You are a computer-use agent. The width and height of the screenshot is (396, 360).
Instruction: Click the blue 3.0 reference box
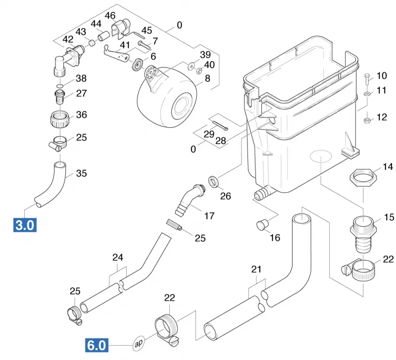coord(25,225)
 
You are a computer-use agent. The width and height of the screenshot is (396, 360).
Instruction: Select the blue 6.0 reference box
coord(97,345)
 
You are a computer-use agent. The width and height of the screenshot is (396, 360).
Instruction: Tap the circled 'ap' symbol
coord(139,343)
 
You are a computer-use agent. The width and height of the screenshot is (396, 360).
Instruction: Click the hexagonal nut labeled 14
coord(363,177)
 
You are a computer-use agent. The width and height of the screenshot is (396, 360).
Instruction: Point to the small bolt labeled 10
coord(367,80)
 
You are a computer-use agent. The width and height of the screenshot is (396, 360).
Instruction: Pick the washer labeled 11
coord(367,94)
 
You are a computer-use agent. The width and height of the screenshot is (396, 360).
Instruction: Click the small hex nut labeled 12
coord(367,120)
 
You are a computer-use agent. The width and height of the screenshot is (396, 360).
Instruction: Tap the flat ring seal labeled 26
coord(214,181)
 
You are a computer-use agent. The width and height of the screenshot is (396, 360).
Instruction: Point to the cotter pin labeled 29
coord(220,126)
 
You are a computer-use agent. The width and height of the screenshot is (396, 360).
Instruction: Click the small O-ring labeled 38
coord(60,86)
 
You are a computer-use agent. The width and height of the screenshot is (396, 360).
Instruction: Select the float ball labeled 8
coord(167,97)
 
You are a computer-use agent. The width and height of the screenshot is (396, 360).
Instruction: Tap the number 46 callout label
coord(110,16)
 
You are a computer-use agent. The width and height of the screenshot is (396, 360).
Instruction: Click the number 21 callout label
coord(256,269)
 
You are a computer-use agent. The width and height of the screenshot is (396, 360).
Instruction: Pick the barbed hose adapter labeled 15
coord(363,234)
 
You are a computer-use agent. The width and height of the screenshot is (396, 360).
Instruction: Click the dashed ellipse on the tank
coord(320,156)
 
